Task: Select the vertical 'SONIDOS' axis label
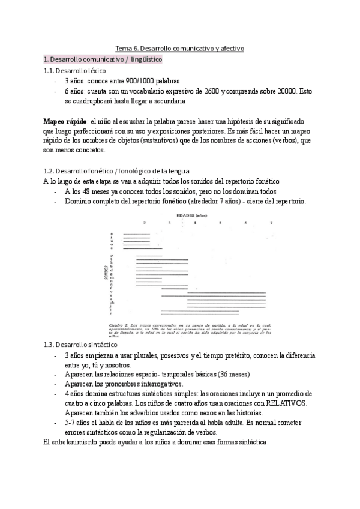tap(106, 272)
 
